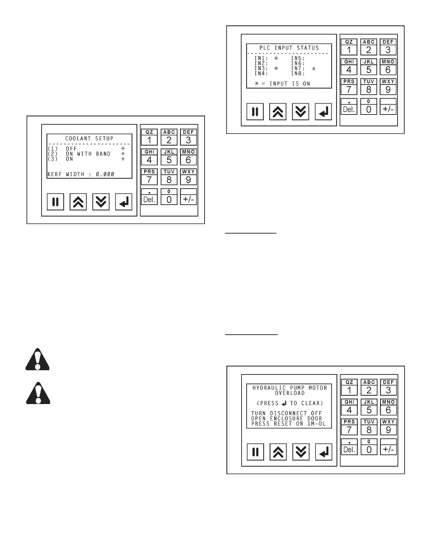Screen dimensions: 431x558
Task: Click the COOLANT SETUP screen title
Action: point(89,138)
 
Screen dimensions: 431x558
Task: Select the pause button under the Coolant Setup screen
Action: point(55,202)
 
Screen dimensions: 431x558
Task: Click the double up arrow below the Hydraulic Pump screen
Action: point(278,452)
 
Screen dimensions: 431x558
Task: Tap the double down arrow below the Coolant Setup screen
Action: point(101,202)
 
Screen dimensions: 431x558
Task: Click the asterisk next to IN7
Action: point(313,68)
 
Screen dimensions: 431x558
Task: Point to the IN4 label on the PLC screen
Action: point(261,74)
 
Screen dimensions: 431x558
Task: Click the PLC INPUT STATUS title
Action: point(289,48)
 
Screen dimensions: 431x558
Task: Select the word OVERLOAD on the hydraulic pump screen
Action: point(289,393)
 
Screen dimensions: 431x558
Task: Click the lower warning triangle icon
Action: point(38,393)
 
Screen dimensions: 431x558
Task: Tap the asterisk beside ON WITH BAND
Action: point(123,154)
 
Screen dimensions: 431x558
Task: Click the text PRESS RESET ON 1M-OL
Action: point(288,424)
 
